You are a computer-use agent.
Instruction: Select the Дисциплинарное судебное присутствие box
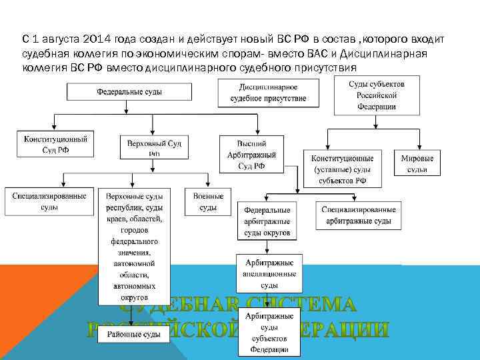pyautogui.click(x=269, y=93)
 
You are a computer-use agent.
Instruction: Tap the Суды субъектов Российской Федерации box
pyautogui.click(x=377, y=95)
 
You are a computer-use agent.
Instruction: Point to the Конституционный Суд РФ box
pyautogui.click(x=56, y=145)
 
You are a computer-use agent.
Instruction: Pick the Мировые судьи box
pyautogui.click(x=417, y=164)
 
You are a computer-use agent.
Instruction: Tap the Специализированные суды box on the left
pyautogui.click(x=49, y=201)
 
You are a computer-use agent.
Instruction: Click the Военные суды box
pyautogui.click(x=209, y=201)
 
